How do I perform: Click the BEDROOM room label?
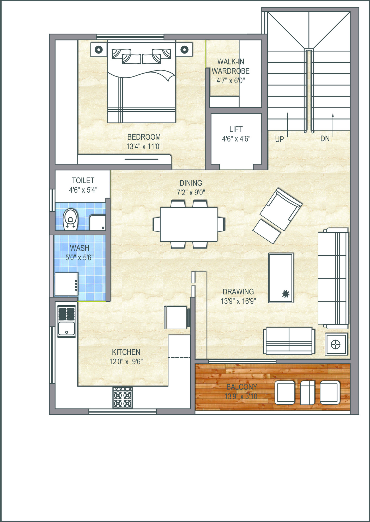[x=144, y=137]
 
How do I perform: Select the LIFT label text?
[x=236, y=129]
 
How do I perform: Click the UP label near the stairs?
[x=280, y=139]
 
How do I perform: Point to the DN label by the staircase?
[x=325, y=139]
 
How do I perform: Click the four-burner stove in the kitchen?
[x=123, y=398]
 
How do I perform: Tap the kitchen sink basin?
[x=67, y=329]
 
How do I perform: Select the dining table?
[x=189, y=224]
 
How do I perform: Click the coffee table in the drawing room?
[x=281, y=278]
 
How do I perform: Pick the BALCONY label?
[x=242, y=387]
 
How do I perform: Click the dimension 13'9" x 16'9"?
[x=238, y=301]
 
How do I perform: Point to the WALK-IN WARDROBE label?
[x=231, y=66]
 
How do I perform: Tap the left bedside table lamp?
[x=99, y=49]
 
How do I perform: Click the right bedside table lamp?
[x=184, y=49]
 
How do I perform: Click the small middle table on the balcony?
[x=308, y=393]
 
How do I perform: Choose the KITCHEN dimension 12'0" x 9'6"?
[x=126, y=362]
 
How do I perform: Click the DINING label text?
[x=191, y=183]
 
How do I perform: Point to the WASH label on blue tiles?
[x=80, y=248]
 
